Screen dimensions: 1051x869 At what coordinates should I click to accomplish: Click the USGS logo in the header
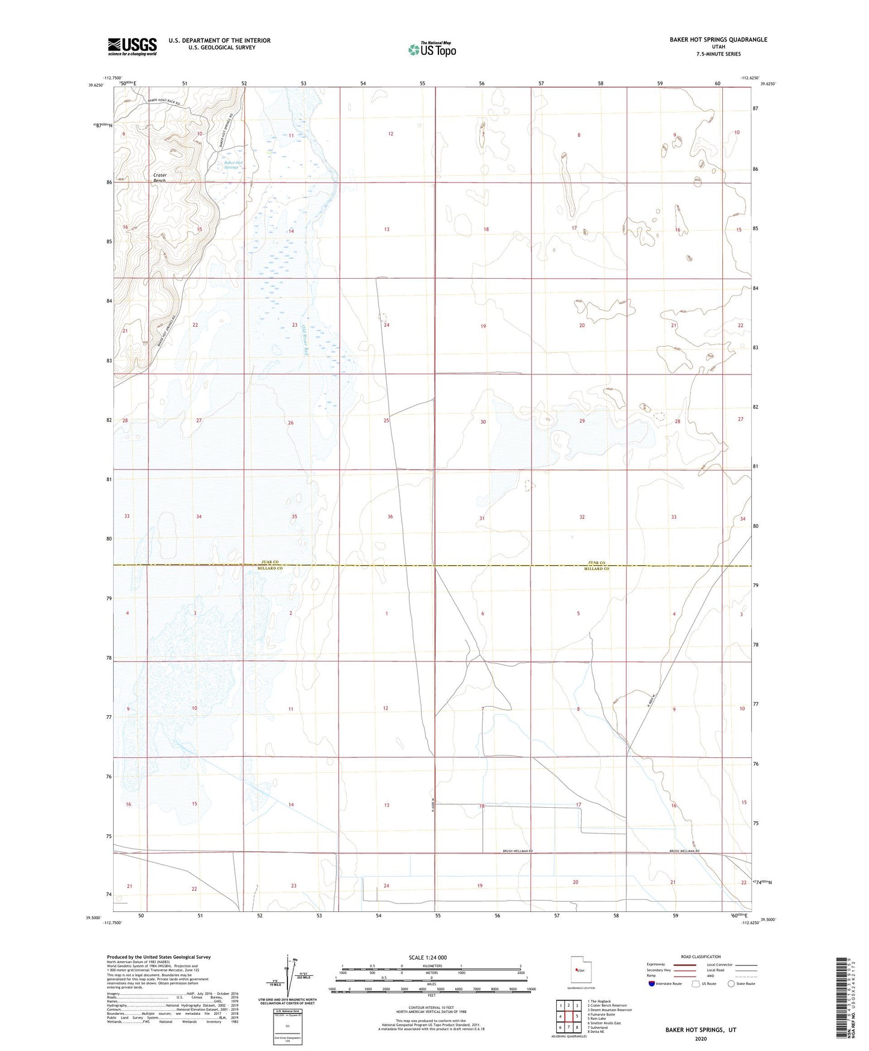132,46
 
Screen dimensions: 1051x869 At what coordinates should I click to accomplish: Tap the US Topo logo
431,50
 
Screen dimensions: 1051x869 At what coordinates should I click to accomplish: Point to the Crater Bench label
159,178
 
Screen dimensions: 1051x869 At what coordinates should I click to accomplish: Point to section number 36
390,516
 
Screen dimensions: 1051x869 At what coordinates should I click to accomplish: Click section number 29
582,421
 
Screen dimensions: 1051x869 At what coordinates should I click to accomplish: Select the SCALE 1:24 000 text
428,957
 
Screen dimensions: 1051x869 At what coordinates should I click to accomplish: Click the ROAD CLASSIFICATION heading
701,956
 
